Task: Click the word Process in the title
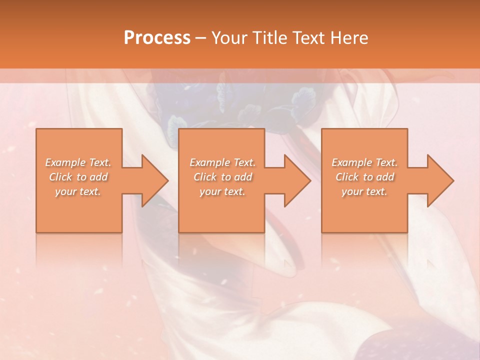click(157, 38)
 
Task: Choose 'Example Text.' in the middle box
click(222, 162)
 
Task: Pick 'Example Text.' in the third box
click(364, 162)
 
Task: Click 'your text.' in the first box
click(78, 191)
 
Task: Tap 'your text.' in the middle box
click(222, 191)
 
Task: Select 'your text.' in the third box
click(364, 191)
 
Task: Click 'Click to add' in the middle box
click(222, 177)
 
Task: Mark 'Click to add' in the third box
click(364, 177)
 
